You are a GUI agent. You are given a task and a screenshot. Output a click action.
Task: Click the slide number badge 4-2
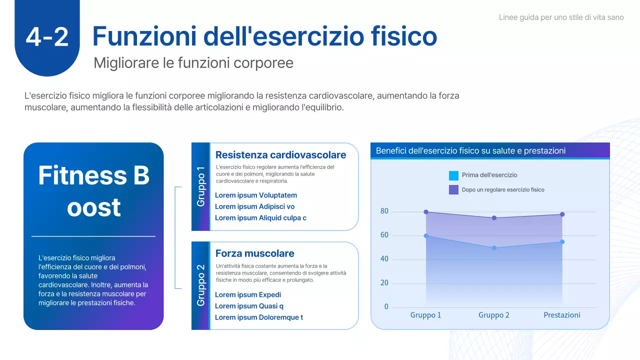point(47,37)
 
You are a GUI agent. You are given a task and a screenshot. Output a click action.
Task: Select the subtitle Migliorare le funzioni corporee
point(193,63)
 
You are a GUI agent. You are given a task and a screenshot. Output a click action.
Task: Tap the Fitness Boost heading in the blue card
point(93,191)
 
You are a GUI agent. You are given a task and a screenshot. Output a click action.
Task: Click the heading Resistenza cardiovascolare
point(280,155)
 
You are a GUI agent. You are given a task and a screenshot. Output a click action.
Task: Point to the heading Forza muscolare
point(254,253)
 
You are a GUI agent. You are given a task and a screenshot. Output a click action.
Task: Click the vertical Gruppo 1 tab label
point(201,186)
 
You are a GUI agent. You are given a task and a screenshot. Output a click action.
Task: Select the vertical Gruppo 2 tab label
point(201,285)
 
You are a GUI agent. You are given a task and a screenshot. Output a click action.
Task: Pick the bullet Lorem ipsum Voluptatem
point(255,195)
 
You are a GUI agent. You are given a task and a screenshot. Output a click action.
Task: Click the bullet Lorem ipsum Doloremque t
point(258,317)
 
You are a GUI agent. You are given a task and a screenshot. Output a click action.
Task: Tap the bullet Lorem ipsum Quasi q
point(249,306)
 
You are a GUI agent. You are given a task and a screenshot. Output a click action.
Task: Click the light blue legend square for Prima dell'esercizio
point(453,175)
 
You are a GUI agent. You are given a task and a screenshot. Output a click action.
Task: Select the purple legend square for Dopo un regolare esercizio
point(453,189)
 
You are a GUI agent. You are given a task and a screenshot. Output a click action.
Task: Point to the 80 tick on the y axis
point(384,211)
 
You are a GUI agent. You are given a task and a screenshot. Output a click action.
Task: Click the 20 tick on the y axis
point(384,283)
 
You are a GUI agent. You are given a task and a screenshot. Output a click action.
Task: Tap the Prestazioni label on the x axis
point(562,315)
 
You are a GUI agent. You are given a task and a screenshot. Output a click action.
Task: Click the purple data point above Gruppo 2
point(494,218)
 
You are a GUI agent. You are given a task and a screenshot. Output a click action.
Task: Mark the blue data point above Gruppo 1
point(426,235)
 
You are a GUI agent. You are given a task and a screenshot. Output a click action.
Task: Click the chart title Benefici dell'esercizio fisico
point(470,150)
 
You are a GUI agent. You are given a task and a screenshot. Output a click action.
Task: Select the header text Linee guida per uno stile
point(561,17)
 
